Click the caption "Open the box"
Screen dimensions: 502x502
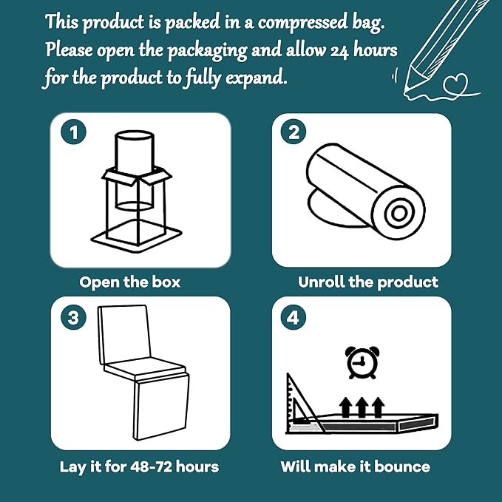(129, 282)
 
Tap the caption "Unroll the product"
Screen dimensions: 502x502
(368, 282)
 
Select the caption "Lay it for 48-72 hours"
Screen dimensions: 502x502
(139, 467)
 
